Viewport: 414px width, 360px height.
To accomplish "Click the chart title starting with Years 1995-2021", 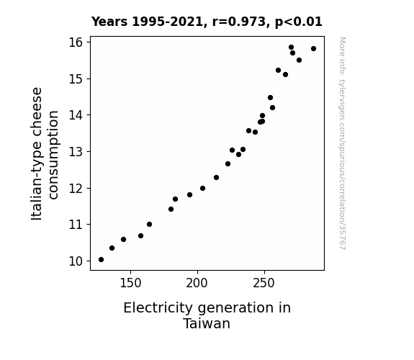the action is [207, 22].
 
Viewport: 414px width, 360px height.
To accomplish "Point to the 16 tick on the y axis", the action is [89, 42].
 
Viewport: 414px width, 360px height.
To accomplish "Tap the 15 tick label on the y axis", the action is [76, 79].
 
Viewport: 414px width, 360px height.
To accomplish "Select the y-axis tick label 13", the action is [76, 152].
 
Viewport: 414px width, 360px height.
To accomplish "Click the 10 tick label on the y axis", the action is [76, 261].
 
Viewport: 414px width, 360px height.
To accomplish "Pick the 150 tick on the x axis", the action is [131, 272].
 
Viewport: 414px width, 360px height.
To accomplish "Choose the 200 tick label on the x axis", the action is [197, 284].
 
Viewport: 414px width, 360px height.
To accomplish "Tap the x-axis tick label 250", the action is [264, 284].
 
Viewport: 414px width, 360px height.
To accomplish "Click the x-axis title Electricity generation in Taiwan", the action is [207, 315].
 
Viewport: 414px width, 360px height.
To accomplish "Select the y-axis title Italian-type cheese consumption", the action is [45, 153].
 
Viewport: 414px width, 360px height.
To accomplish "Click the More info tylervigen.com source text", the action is [342, 143].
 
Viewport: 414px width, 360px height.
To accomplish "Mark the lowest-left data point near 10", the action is [101, 260].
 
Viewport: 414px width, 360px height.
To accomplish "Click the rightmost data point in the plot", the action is [313, 48].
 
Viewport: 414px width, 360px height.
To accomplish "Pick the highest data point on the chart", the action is [291, 48].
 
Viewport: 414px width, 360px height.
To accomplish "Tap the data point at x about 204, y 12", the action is [202, 189].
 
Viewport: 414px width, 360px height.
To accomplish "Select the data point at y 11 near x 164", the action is [149, 224].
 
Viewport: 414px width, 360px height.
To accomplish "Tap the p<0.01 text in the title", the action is [299, 22].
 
